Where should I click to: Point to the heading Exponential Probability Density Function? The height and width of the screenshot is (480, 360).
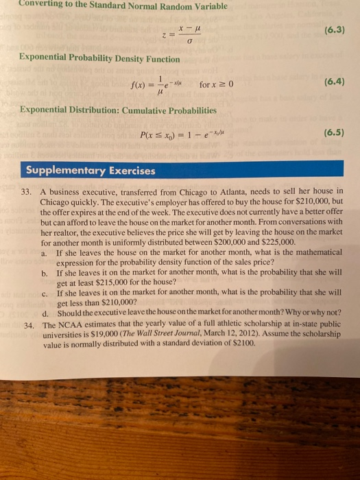click(x=100, y=60)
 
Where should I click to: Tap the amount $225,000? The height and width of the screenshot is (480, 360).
click(x=277, y=242)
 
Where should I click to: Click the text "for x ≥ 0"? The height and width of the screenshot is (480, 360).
click(x=217, y=84)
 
